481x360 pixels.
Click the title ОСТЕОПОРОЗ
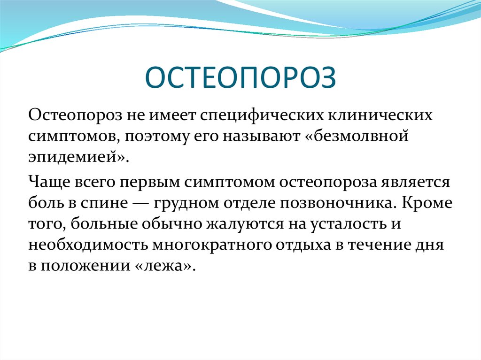click(x=240, y=77)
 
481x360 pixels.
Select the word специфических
click(x=262, y=116)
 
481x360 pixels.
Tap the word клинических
click(x=380, y=115)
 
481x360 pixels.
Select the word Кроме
click(x=427, y=202)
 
